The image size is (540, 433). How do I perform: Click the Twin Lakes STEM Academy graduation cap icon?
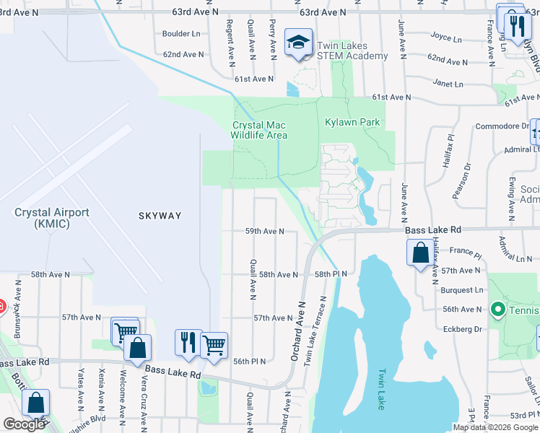coord(296,43)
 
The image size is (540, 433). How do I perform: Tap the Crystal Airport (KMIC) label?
coord(51,219)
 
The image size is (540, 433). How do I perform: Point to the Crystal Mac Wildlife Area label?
coord(259,130)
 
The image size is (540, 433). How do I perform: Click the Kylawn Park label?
coord(352,123)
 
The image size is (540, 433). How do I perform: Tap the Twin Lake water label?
coord(381,390)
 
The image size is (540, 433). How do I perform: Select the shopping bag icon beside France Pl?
coord(419,253)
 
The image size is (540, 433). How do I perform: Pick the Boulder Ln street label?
coord(181,34)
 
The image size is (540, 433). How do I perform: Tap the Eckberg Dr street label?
coord(461,328)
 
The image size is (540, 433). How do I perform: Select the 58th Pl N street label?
coord(331,274)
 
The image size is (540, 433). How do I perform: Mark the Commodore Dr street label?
coord(502,126)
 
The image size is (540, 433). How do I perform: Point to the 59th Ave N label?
coord(265,232)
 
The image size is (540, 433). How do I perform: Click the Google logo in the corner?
coord(25,424)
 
